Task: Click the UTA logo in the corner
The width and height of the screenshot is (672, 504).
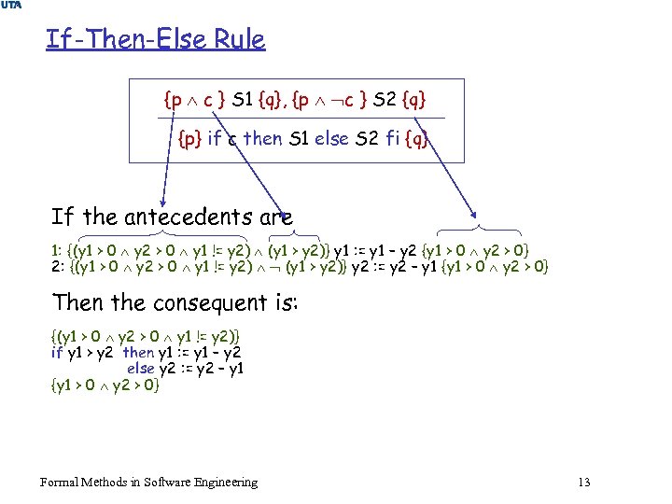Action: [11, 7]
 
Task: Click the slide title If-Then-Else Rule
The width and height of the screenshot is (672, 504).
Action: [155, 40]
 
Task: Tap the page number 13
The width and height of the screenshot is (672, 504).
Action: [584, 483]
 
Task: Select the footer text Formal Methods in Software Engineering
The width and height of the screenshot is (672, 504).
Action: [148, 483]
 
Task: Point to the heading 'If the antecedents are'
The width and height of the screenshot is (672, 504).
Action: [172, 217]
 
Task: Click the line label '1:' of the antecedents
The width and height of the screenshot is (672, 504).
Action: [58, 250]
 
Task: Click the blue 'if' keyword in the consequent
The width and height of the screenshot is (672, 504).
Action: [56, 352]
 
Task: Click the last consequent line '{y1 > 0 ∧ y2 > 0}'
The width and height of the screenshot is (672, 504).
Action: [105, 383]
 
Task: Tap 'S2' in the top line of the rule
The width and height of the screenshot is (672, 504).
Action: [383, 97]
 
